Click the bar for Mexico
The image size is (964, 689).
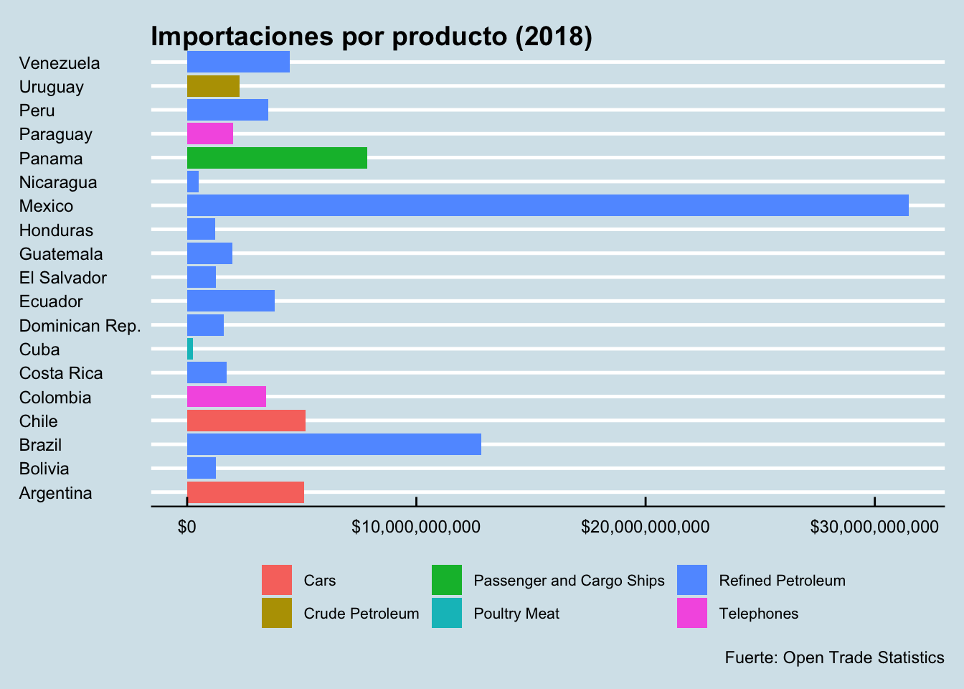tap(547, 205)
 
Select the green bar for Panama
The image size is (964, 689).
tap(277, 158)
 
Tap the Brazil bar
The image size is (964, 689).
tap(334, 444)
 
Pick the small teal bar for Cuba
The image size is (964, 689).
tap(190, 349)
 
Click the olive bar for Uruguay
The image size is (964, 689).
tap(213, 86)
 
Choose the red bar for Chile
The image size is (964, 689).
tap(246, 421)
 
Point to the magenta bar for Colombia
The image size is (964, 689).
tap(226, 397)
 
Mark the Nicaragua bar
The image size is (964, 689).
tap(193, 182)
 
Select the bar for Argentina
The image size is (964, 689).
tap(245, 492)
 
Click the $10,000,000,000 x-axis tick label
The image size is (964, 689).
tap(416, 528)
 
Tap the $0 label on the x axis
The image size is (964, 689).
tap(186, 528)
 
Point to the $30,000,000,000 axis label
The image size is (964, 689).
tap(874, 528)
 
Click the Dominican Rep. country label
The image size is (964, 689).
tap(80, 326)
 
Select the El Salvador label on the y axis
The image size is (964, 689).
tap(63, 278)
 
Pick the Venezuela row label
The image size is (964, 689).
tap(60, 63)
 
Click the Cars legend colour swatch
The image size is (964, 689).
tap(277, 580)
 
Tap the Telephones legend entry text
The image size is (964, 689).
tap(758, 614)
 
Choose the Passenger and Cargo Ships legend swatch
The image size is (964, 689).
tap(446, 580)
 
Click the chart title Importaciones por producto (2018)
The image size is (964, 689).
tap(372, 37)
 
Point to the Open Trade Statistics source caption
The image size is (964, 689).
tap(834, 657)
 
